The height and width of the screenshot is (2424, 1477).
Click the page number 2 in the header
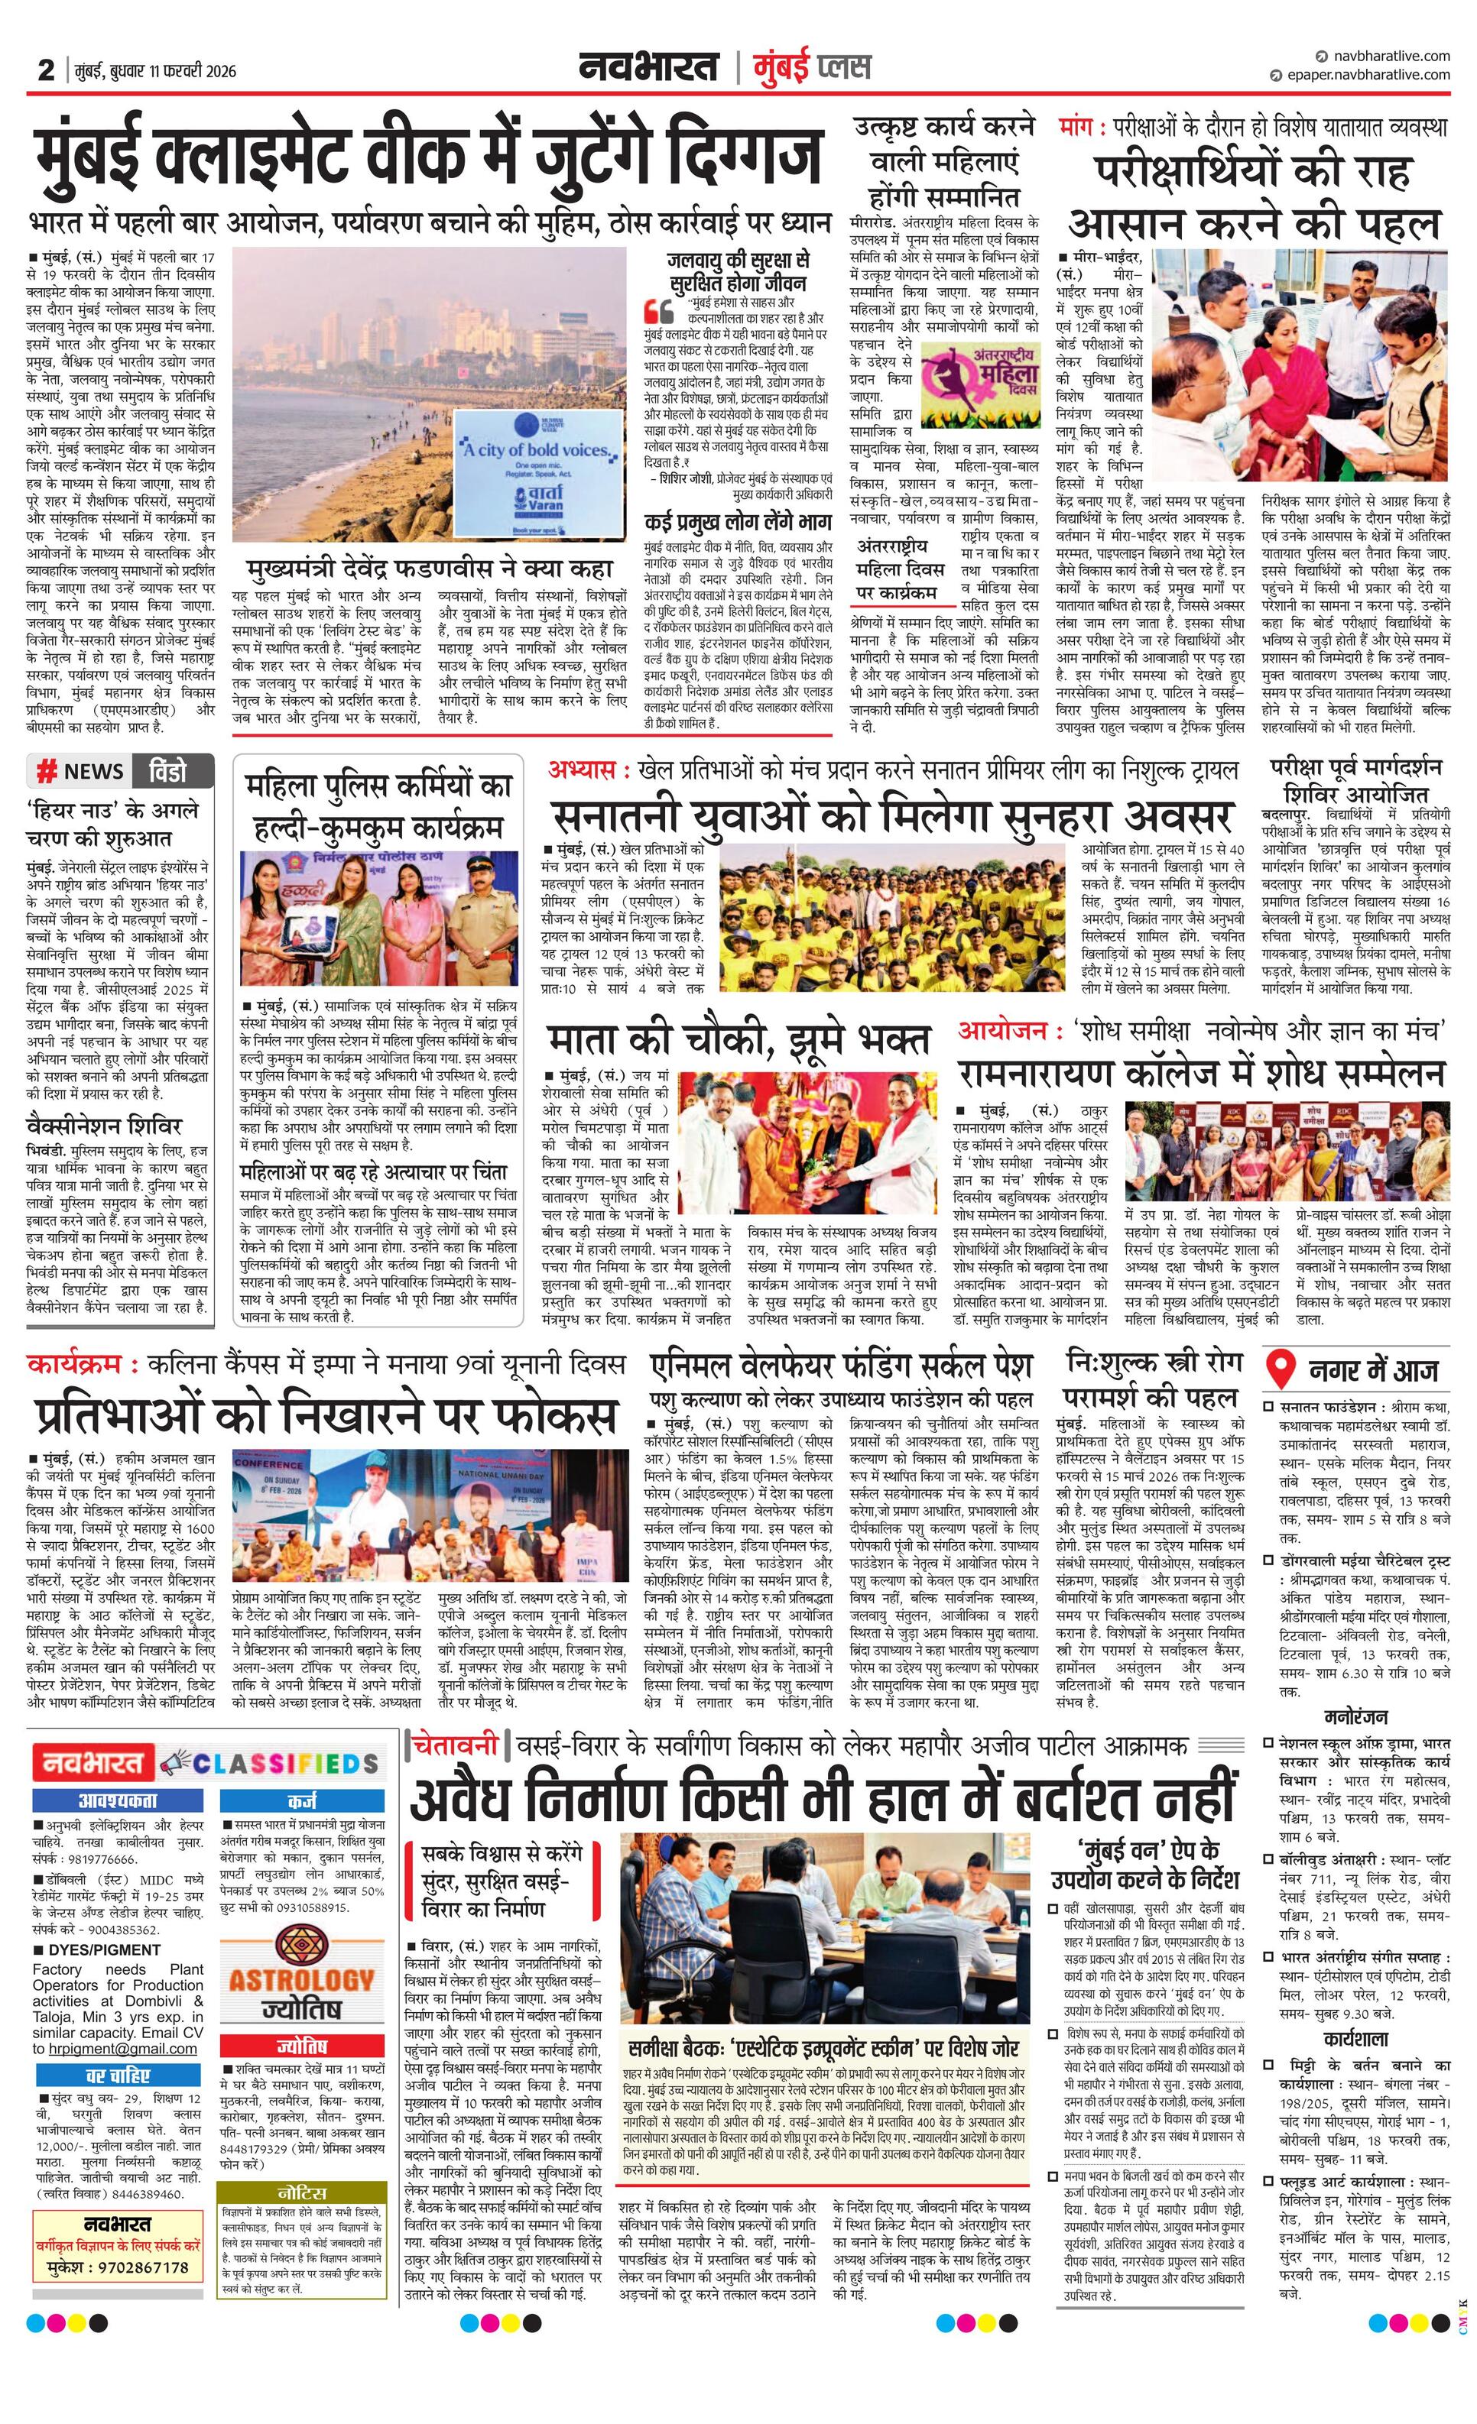coord(45,70)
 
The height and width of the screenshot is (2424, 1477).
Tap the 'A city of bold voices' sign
coord(537,451)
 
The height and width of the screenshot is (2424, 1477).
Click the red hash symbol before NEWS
coord(45,771)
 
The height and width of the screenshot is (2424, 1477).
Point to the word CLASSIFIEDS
coord(284,1762)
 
